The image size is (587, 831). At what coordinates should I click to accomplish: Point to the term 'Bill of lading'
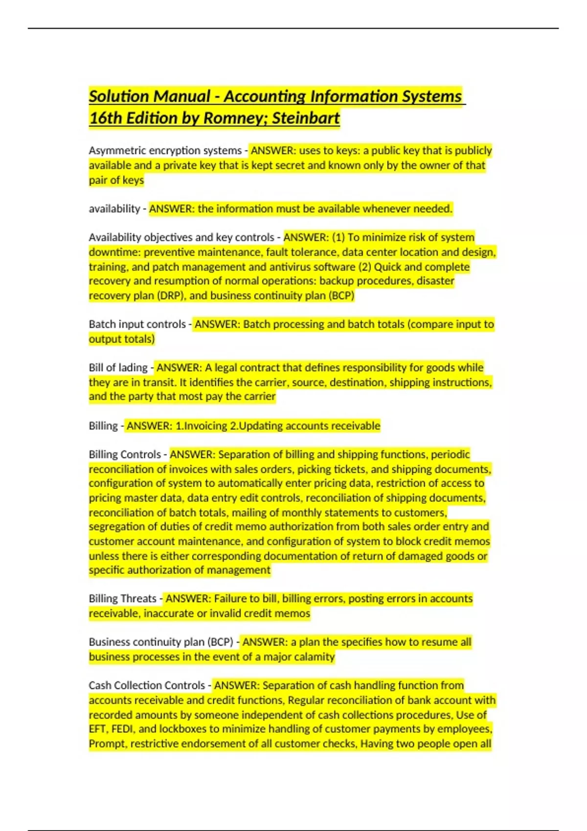pyautogui.click(x=118, y=368)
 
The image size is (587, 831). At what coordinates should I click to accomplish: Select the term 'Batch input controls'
pyautogui.click(x=137, y=324)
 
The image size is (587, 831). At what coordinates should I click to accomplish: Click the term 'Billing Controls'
pyautogui.click(x=124, y=454)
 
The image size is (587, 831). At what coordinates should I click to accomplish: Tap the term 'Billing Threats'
pyautogui.click(x=122, y=598)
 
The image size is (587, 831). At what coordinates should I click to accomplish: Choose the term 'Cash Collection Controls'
pyautogui.click(x=147, y=685)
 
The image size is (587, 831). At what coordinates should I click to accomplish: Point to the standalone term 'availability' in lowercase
pyautogui.click(x=114, y=209)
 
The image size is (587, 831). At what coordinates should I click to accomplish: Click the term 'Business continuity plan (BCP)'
pyautogui.click(x=161, y=642)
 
